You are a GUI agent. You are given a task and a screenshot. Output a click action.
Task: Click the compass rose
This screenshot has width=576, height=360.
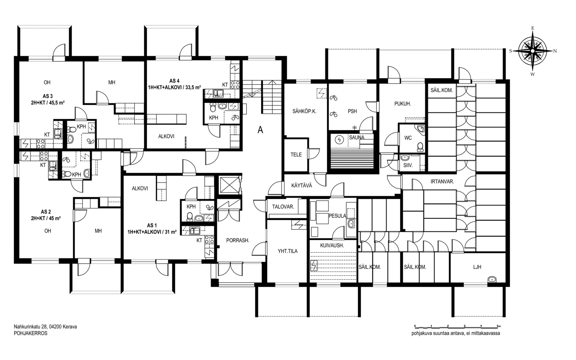tap(533, 51)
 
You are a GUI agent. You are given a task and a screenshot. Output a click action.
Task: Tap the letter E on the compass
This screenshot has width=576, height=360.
tap(533, 29)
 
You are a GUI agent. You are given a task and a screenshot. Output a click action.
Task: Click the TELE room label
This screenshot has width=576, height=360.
tap(296, 155)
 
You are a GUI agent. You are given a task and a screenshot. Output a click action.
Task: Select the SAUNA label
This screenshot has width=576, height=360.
tap(357, 138)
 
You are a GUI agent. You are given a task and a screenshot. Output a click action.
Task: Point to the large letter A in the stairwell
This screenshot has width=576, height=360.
tap(261, 130)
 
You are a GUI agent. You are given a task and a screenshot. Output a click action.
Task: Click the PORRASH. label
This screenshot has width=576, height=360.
tap(238, 241)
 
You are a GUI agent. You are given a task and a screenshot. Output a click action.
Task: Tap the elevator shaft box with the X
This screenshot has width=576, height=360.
tap(229, 185)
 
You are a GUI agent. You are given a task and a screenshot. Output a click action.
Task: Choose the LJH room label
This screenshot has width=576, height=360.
tap(477, 267)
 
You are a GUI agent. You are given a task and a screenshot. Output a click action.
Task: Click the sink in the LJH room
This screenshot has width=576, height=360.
tap(492, 279)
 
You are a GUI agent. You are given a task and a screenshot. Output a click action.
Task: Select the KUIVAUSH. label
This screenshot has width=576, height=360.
tap(332, 245)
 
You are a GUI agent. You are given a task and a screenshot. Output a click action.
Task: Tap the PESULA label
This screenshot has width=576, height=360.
tap(338, 216)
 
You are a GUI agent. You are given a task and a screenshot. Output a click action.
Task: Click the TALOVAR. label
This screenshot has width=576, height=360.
tap(283, 207)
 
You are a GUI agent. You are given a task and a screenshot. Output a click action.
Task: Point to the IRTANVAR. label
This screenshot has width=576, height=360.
tap(442, 182)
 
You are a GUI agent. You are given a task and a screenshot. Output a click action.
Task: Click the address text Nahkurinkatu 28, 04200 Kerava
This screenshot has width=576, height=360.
tap(45, 327)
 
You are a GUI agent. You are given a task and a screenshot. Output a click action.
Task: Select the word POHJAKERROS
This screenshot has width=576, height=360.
tap(30, 333)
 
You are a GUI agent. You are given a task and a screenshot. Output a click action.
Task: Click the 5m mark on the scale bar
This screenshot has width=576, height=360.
tap(499, 326)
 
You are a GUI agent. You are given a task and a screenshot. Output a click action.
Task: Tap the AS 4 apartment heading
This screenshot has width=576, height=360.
tap(174, 81)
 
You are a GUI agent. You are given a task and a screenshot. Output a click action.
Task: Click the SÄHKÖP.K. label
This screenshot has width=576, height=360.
tap(305, 111)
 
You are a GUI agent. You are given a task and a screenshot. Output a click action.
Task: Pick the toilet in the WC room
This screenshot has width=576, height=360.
tap(420, 147)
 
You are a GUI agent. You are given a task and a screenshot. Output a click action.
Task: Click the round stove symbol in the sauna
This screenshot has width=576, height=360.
tap(340, 140)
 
